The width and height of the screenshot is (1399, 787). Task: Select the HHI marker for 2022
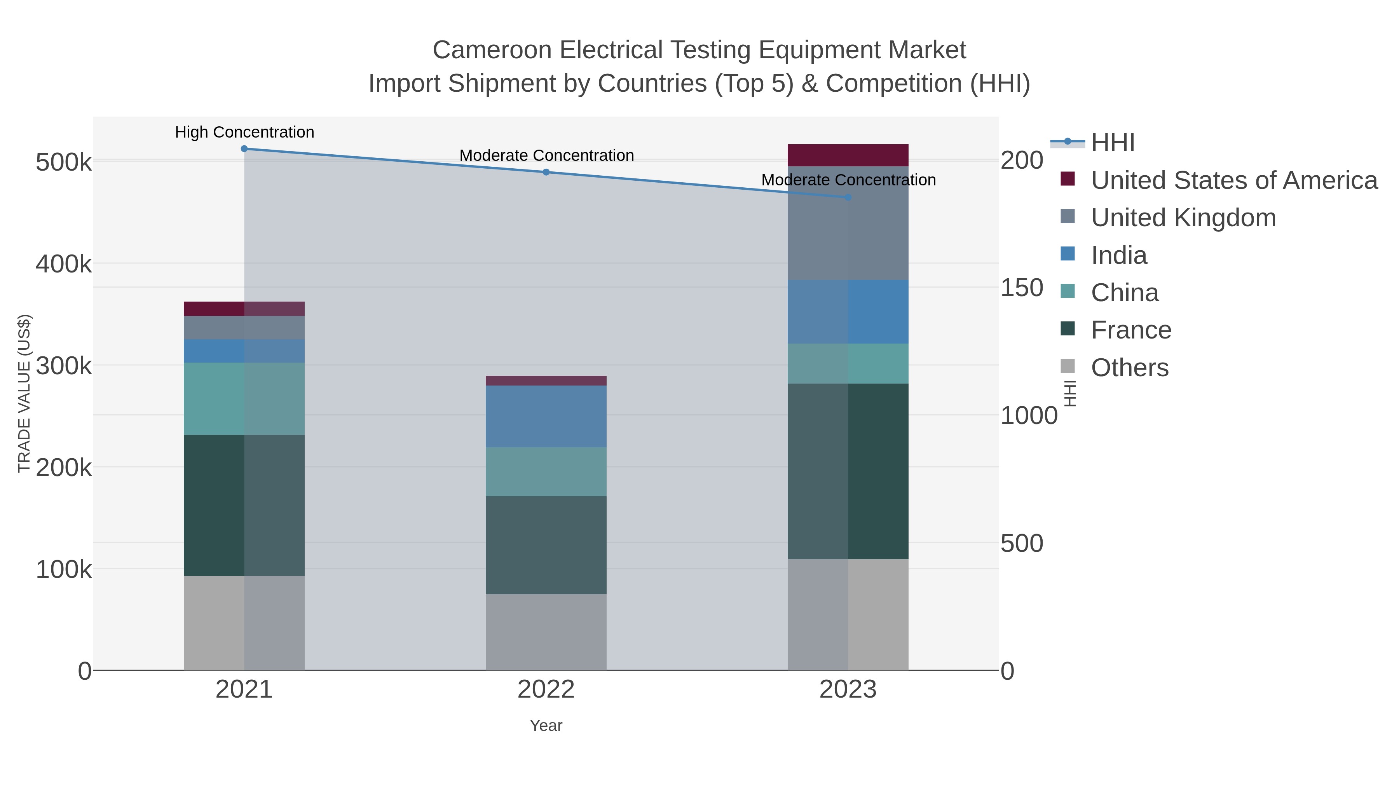pos(546,172)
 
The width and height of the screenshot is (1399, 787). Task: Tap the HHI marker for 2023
pos(848,197)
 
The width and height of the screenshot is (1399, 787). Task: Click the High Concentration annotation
pos(244,132)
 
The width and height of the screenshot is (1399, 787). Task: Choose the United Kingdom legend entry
pos(1183,218)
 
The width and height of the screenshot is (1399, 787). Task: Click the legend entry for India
pos(1119,255)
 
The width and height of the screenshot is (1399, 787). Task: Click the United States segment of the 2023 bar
pos(848,155)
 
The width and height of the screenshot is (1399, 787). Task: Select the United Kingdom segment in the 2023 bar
pos(848,223)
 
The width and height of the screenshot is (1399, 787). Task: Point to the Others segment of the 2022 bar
pos(546,632)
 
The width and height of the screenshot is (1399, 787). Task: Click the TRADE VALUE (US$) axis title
pos(24,393)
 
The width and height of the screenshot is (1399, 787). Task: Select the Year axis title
pos(546,726)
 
